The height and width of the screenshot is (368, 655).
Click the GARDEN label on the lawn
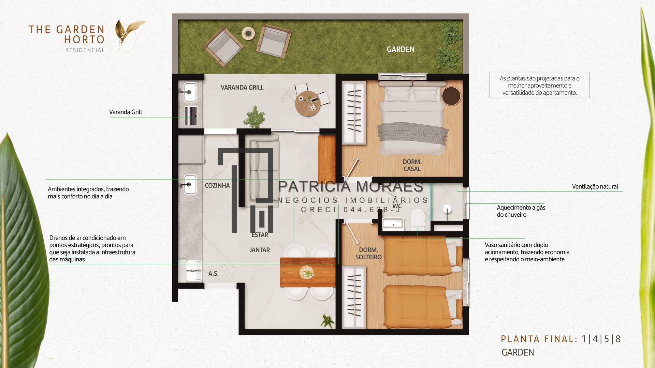401,49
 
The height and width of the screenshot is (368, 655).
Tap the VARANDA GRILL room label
242,88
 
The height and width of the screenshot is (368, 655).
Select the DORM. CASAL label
412,165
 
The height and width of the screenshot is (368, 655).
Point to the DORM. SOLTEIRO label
368,254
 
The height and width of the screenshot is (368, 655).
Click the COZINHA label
217,186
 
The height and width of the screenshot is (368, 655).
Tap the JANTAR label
260,250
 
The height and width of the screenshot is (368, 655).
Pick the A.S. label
214,274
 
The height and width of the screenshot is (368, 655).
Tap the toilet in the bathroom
417,220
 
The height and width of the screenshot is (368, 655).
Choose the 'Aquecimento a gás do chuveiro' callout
521,211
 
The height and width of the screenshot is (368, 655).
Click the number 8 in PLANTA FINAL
618,339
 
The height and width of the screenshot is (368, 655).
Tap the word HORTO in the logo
84,40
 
